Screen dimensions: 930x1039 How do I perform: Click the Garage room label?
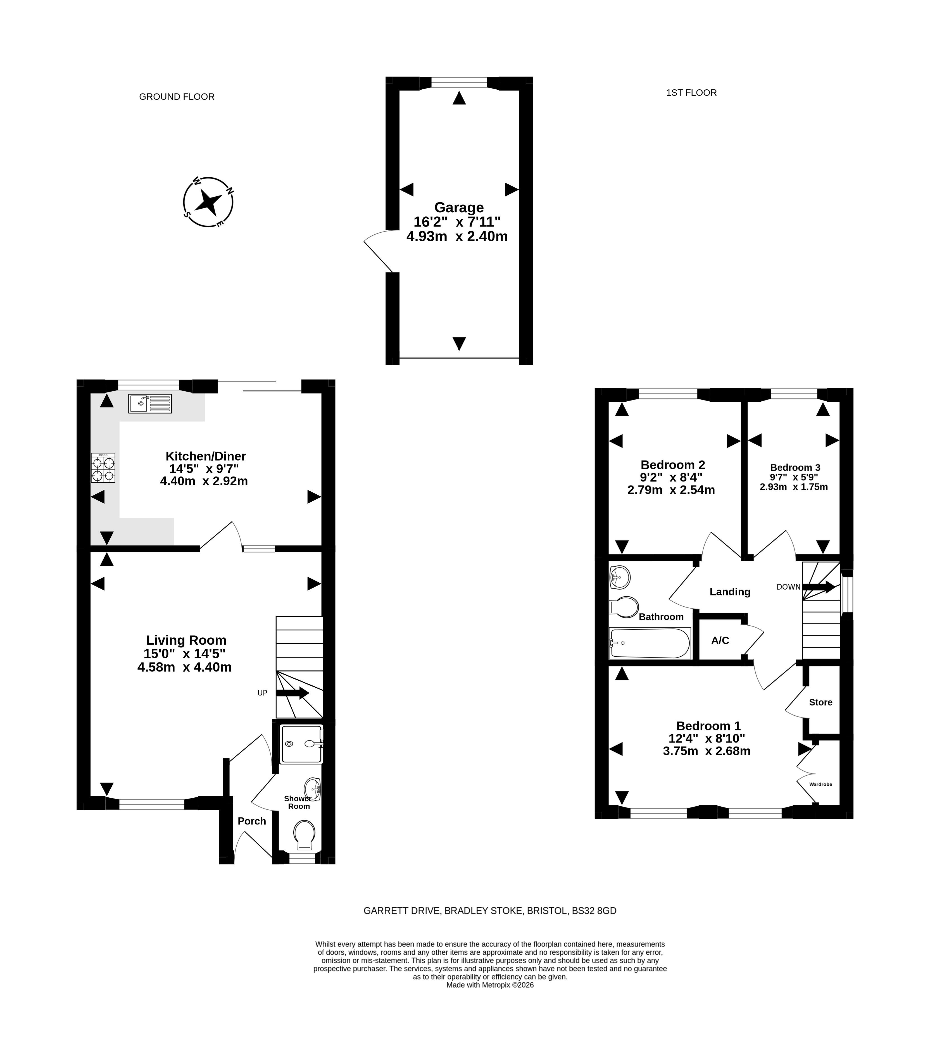(x=459, y=208)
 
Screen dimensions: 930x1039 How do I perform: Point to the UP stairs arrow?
(x=292, y=693)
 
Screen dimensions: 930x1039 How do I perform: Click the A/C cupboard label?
(x=720, y=640)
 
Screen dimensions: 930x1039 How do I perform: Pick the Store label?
(x=821, y=702)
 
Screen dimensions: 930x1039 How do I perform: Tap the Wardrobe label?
(x=821, y=784)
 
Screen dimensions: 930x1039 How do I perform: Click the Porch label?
(x=252, y=821)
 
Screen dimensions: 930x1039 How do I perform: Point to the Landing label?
(x=730, y=592)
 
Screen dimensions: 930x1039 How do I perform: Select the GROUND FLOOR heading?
(x=177, y=97)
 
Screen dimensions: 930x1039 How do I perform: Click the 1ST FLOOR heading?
(x=691, y=92)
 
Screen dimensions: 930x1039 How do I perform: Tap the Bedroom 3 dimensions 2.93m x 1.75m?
(x=794, y=487)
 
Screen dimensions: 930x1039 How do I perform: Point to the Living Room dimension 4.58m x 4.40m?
(x=184, y=667)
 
